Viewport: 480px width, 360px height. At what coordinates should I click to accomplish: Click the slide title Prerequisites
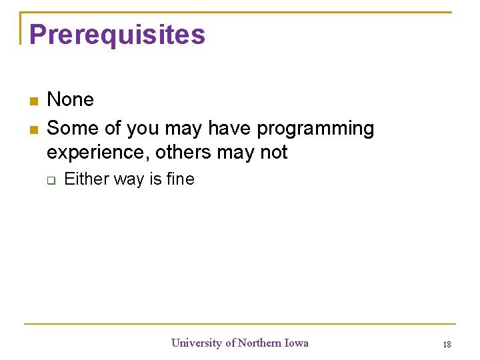117,34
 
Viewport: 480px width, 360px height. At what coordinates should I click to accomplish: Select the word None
70,100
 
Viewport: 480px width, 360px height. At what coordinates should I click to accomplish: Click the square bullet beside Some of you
33,129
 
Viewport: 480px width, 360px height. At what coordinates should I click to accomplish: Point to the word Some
70,128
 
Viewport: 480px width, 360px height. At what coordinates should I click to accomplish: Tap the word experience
97,153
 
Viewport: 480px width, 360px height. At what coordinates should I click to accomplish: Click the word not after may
273,153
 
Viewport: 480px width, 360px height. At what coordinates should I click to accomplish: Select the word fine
181,179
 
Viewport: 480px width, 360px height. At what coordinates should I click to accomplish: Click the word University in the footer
197,343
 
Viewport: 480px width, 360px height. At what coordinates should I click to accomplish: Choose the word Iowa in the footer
298,343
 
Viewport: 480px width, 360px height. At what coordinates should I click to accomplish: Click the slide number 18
447,344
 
